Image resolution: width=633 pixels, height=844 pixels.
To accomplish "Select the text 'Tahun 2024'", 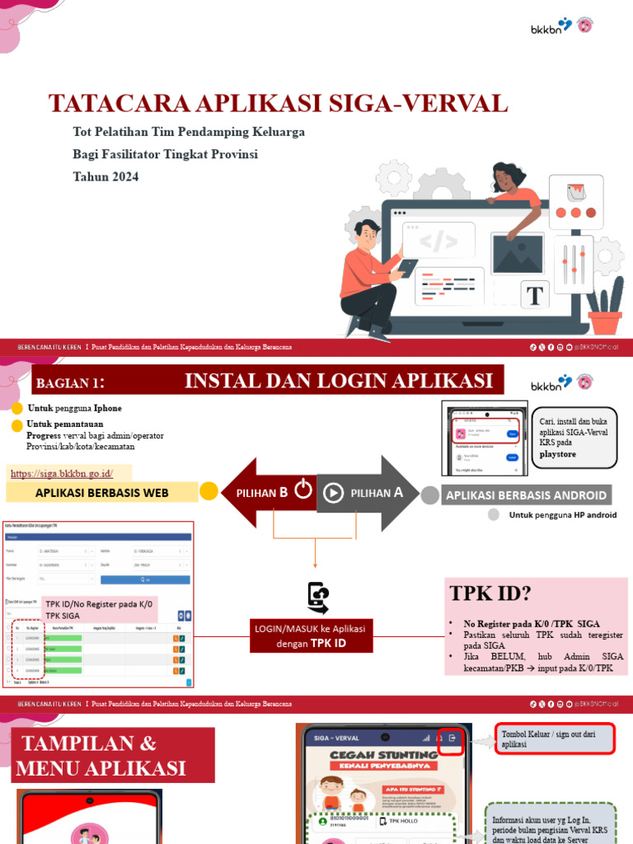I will (105, 176).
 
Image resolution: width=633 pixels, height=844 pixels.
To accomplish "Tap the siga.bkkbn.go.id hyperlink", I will (60, 472).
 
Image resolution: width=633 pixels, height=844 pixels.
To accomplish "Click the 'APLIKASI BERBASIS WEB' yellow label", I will (101, 493).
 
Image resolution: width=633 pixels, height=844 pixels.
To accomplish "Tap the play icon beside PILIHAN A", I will (333, 493).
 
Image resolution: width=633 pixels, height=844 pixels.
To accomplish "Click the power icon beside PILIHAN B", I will (302, 491).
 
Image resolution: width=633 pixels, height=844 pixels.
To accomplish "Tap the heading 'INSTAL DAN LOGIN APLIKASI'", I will (338, 381).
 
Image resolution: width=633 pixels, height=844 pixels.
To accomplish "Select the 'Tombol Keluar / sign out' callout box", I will (554, 739).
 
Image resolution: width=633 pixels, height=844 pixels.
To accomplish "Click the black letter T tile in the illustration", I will (536, 294).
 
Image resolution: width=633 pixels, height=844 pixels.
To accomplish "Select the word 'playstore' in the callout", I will (558, 454).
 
